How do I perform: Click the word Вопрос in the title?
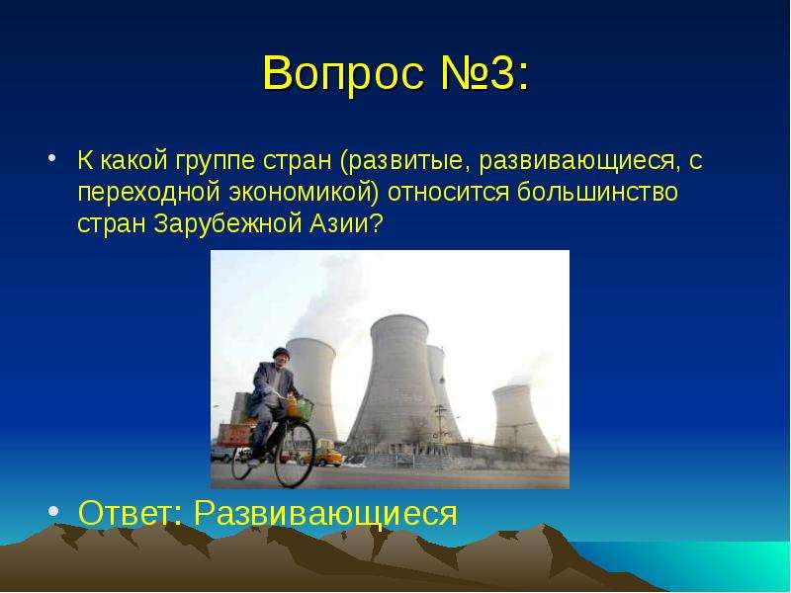pyautogui.click(x=343, y=73)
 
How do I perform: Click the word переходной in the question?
pyautogui.click(x=149, y=193)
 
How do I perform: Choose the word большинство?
pyautogui.click(x=598, y=192)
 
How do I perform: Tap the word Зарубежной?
pyautogui.click(x=226, y=223)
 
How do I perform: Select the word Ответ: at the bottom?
pyautogui.click(x=131, y=512)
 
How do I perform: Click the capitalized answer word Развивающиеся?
pyautogui.click(x=326, y=514)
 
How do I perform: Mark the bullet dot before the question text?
pyautogui.click(x=52, y=158)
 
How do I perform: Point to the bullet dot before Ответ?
pyautogui.click(x=53, y=511)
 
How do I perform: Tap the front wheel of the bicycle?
pyautogui.click(x=295, y=454)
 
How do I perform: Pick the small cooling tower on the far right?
pyautogui.click(x=521, y=419)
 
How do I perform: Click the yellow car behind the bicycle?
pyautogui.click(x=327, y=458)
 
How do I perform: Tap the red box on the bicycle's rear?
pyautogui.click(x=233, y=435)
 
